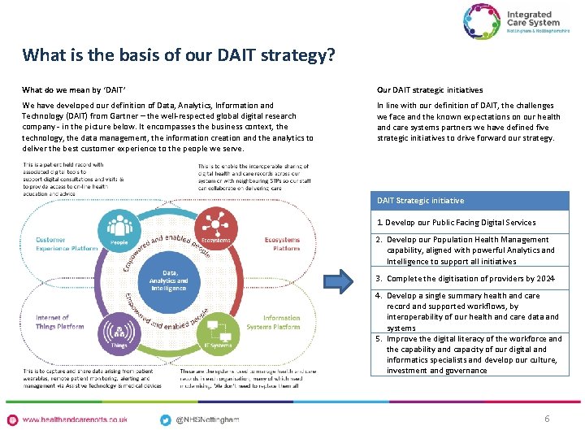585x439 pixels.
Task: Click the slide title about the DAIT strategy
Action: click(179, 55)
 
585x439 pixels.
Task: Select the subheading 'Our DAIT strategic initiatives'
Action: click(430, 90)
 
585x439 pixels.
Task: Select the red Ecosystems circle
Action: click(216, 230)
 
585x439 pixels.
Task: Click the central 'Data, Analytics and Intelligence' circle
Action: click(168, 281)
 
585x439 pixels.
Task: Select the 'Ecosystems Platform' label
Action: click(281, 244)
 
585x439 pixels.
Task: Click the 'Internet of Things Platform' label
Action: click(59, 322)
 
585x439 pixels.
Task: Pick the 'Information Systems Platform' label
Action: click(281, 323)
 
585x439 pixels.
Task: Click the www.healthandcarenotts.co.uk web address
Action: click(75, 419)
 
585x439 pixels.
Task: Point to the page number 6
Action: click(547, 419)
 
